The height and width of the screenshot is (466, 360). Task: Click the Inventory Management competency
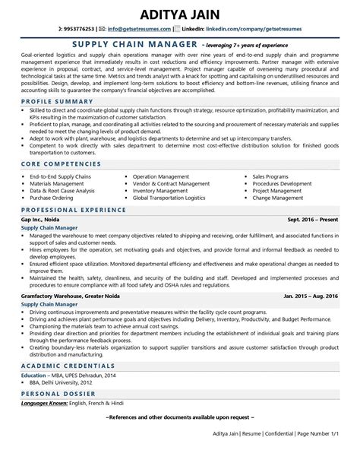tap(160, 191)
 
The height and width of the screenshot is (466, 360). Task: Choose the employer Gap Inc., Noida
tap(42, 218)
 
